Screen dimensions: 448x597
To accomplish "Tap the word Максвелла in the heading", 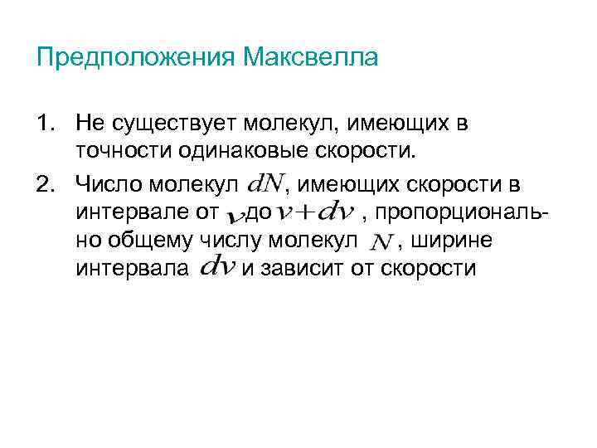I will click(x=311, y=58).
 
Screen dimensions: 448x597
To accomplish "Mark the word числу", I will click(x=226, y=241).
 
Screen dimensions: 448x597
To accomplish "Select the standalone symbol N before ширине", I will click(x=381, y=242).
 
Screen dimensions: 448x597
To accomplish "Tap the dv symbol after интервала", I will click(x=217, y=269).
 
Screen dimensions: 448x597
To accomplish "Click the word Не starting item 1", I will click(x=87, y=124).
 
